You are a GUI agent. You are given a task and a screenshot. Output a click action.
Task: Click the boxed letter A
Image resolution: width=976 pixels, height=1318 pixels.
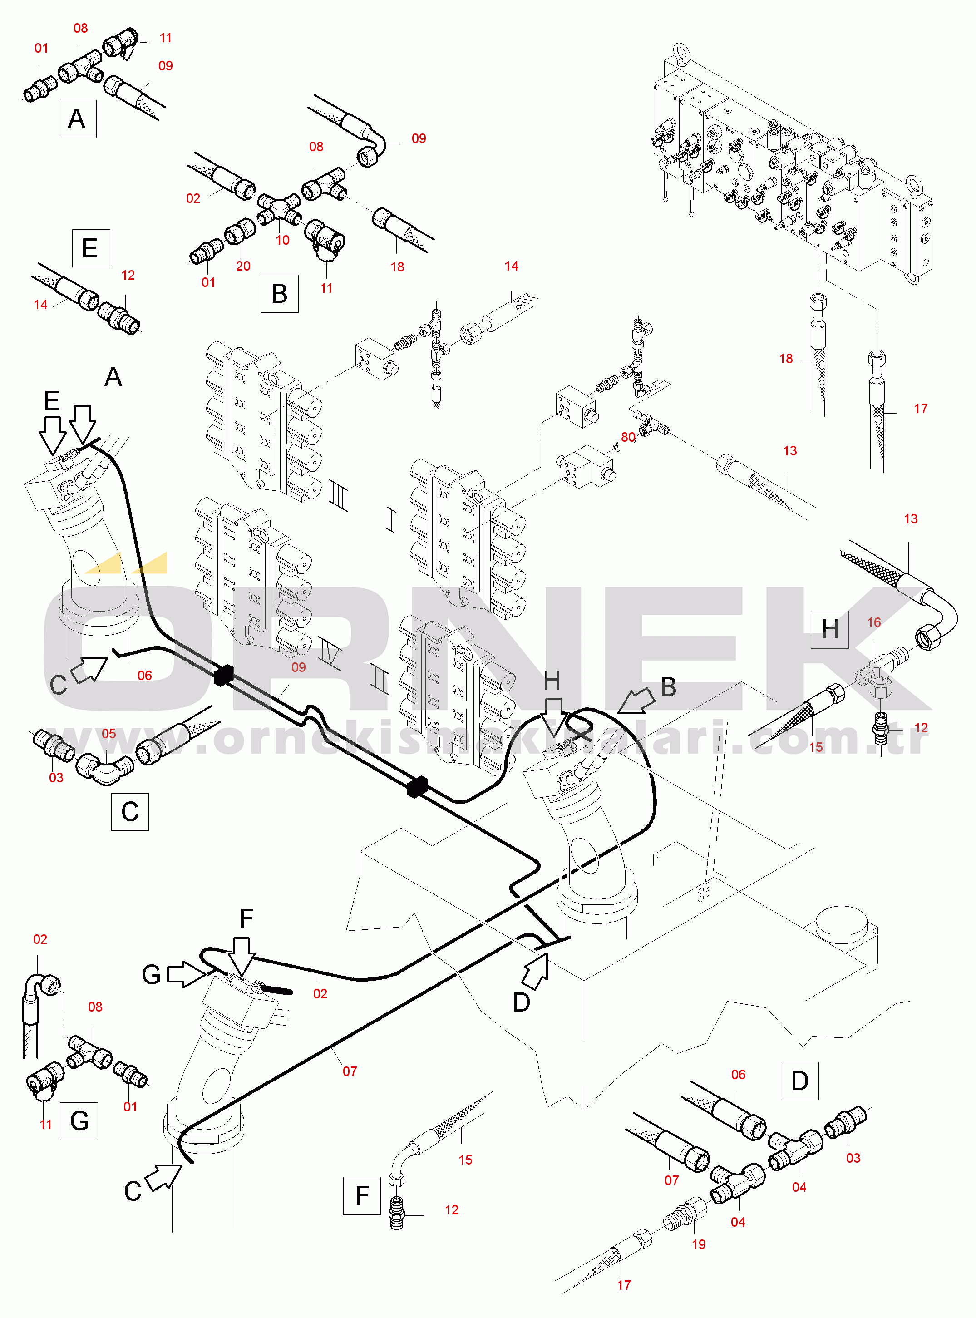click(77, 119)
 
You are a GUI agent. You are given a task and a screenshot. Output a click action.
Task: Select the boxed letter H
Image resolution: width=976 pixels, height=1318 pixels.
click(829, 630)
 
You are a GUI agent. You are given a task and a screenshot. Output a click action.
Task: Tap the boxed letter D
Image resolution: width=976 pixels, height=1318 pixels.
click(799, 1081)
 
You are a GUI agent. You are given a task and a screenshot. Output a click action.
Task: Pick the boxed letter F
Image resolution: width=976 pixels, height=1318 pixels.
click(361, 1196)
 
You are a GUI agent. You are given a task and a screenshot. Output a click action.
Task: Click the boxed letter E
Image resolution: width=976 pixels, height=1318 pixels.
click(90, 248)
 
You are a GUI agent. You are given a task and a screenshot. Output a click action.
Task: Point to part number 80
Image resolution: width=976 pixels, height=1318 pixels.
click(628, 437)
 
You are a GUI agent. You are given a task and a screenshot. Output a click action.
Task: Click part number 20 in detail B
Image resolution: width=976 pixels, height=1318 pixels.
click(243, 267)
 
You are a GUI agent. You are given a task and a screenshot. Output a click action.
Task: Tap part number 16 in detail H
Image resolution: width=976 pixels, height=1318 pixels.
click(874, 622)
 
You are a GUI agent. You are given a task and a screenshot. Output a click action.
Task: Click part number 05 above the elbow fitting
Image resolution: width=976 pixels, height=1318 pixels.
click(108, 734)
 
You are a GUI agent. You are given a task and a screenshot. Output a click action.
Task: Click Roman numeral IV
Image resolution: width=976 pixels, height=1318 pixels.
click(329, 653)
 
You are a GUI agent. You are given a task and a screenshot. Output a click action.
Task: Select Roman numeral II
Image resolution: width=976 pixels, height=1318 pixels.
click(380, 680)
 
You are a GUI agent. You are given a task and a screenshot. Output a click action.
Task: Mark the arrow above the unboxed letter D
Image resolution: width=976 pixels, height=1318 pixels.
click(536, 971)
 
